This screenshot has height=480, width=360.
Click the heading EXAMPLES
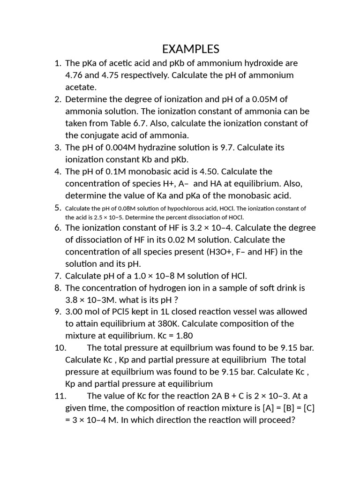(190, 49)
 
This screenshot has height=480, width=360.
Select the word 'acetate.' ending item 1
(81, 87)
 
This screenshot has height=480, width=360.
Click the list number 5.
(58, 208)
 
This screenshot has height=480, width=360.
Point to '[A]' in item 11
(254, 408)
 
